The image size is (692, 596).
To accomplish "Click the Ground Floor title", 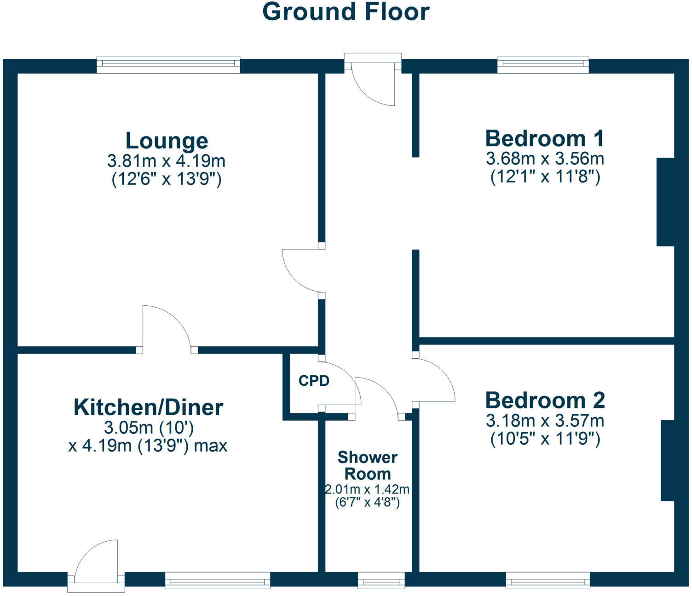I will (346, 12).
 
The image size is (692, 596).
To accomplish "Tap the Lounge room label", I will (167, 141).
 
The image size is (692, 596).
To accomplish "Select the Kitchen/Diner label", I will (148, 407).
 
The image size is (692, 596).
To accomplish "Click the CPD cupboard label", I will (314, 381).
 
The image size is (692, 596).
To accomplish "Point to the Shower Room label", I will (367, 465).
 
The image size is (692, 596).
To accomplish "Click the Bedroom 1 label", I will (545, 138).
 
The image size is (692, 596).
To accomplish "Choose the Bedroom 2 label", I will (545, 401).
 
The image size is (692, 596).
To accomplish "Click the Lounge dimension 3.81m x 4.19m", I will (167, 161).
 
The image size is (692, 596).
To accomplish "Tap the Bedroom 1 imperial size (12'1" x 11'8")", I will (545, 177).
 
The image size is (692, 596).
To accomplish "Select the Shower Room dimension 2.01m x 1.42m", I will (367, 489).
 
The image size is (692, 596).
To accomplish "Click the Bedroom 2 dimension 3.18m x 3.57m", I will (545, 420).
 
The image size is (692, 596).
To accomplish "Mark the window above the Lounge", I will (168, 65).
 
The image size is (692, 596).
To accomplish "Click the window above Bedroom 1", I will (543, 65).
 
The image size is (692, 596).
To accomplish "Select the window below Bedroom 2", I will (548, 580).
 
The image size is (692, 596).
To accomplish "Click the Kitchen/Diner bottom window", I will (217, 580).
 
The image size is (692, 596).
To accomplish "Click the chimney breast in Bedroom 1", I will (665, 202).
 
